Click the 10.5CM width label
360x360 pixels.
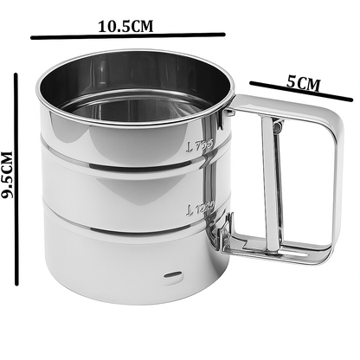click(x=126, y=25)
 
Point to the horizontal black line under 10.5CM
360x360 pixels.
click(x=127, y=36)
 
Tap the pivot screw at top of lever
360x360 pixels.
click(x=277, y=127)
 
